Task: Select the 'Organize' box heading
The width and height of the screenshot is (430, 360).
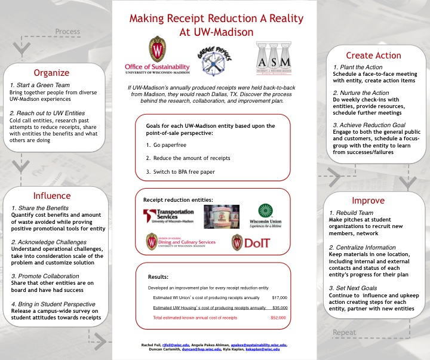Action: point(51,73)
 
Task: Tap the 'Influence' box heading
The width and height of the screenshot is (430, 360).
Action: point(51,196)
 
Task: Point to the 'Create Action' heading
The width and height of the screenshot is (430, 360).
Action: point(373,56)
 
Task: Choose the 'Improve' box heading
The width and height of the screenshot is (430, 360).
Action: point(368,201)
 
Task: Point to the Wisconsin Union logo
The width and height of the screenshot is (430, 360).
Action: point(265,216)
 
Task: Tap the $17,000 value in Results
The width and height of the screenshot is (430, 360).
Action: point(279,297)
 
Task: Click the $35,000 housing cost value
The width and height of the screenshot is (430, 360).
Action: point(279,307)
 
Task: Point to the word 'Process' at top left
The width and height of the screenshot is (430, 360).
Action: point(67,32)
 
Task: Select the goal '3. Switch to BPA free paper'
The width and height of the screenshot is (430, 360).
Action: point(180,172)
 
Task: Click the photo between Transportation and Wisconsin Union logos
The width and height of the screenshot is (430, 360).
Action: point(222,216)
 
